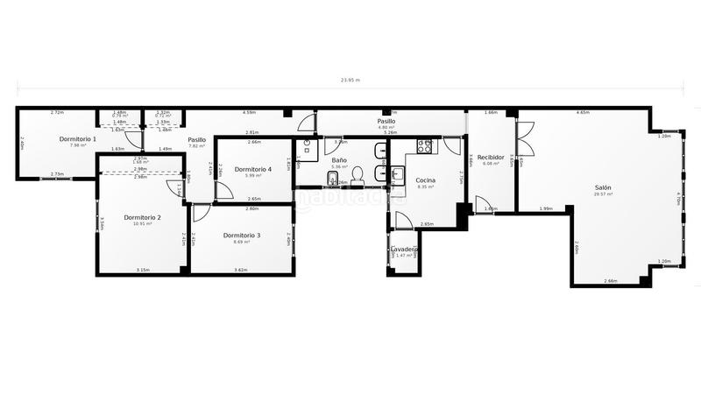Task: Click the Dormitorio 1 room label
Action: tap(78, 139)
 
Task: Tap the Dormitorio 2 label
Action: tap(142, 217)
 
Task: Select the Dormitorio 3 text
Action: tap(242, 236)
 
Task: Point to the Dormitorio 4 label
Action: tap(253, 169)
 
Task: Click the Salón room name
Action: tap(603, 188)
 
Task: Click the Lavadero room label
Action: tap(404, 249)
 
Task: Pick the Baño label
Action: tap(339, 160)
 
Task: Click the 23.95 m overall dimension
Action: tap(350, 80)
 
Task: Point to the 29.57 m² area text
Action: tap(603, 195)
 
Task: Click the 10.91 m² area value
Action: tap(142, 224)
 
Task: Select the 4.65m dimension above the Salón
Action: tap(583, 113)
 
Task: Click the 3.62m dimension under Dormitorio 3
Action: tap(240, 270)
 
